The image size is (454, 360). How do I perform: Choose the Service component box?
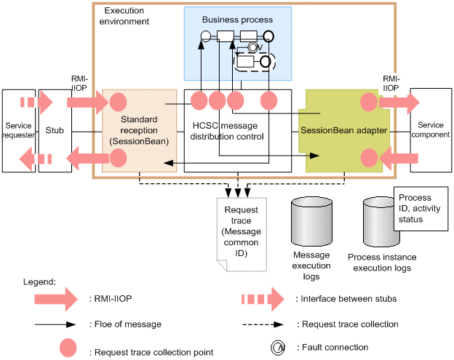tap(430, 131)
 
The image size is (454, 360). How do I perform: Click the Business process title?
tap(237, 20)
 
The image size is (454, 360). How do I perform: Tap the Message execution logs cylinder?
tap(311, 223)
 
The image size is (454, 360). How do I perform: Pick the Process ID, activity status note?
tap(420, 209)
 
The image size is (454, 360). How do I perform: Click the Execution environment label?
tap(127, 17)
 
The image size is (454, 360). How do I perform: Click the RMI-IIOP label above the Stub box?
tap(81, 81)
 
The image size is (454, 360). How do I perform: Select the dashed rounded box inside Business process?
tap(255, 61)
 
